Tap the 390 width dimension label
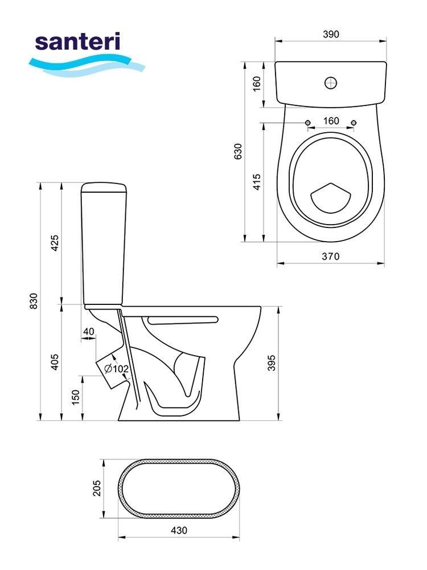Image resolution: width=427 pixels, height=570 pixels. tap(331, 34)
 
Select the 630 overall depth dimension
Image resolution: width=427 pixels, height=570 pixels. tap(238, 151)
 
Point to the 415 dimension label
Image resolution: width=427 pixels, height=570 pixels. tap(257, 182)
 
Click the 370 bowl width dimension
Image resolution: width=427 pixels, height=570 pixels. tap(331, 256)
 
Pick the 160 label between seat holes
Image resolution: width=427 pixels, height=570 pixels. tap(331, 121)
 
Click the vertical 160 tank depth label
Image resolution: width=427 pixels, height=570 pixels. tap(257, 84)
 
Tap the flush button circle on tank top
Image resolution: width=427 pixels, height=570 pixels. tap(331, 83)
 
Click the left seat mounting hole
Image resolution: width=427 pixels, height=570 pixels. tap(308, 123)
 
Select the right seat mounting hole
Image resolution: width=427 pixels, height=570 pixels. tap(354, 123)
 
